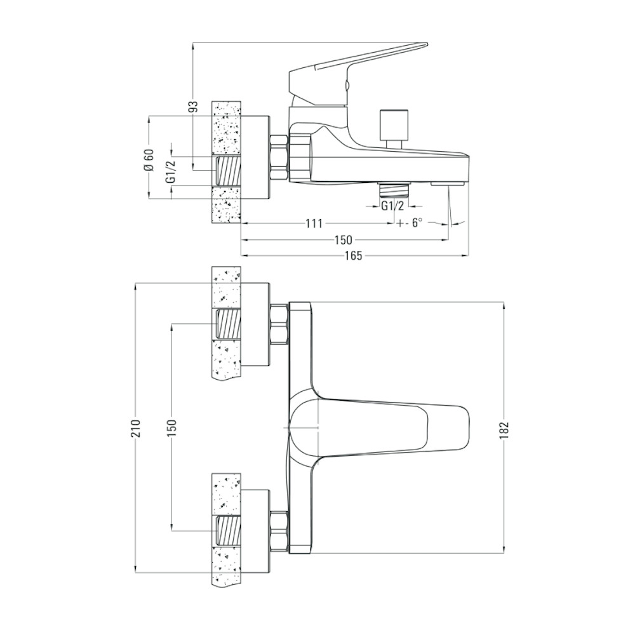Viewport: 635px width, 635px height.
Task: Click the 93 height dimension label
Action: click(x=195, y=106)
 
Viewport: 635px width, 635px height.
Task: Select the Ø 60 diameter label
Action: click(x=149, y=160)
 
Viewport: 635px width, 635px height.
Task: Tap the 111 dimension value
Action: click(x=314, y=223)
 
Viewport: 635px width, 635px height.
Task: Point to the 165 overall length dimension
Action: click(x=354, y=256)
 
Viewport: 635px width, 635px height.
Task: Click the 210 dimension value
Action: click(x=136, y=427)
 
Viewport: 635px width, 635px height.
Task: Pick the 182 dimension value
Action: click(x=504, y=431)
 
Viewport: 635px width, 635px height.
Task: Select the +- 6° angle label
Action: click(x=410, y=223)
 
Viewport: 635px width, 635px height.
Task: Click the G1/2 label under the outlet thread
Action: click(x=393, y=206)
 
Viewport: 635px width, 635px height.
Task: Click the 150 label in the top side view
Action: click(x=344, y=240)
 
